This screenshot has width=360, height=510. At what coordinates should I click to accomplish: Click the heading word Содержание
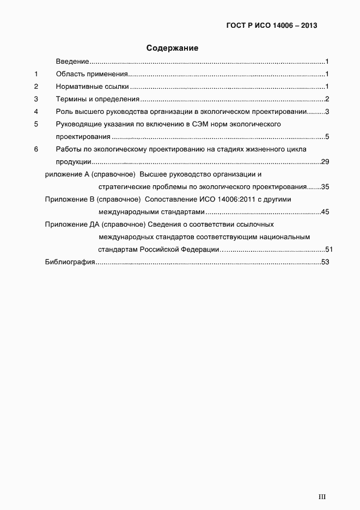(172, 48)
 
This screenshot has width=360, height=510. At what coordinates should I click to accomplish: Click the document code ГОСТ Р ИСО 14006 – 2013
(271, 26)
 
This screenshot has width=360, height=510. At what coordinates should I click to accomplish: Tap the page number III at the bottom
(322, 496)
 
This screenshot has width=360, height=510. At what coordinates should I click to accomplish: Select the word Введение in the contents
(72, 62)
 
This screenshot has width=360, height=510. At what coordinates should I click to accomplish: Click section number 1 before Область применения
(36, 74)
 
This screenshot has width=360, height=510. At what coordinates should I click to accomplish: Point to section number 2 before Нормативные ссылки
(36, 87)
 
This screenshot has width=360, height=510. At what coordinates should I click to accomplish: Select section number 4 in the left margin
(36, 112)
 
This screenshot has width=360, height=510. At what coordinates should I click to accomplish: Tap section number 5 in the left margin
(36, 124)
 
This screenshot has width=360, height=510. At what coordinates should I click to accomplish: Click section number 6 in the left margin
(36, 149)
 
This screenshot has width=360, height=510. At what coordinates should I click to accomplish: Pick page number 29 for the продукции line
(325, 162)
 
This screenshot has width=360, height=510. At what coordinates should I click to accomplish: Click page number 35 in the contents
(325, 187)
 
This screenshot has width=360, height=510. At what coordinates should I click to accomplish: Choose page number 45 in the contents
(325, 212)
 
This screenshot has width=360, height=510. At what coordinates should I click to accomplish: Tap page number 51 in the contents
(328, 250)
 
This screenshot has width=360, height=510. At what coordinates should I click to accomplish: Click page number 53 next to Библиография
(326, 263)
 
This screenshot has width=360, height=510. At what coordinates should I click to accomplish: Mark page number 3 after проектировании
(327, 112)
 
